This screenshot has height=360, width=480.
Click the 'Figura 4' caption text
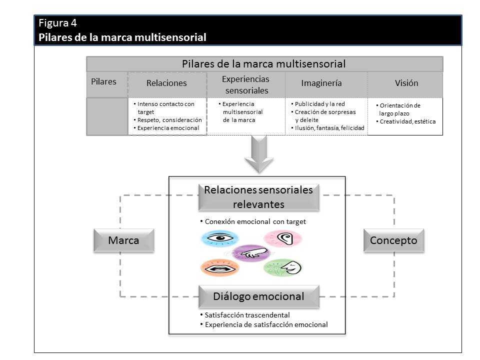(x=58, y=23)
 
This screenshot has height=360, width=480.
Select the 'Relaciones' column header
(x=166, y=83)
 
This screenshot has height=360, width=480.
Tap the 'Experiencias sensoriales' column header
(x=245, y=85)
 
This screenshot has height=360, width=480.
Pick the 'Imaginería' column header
(x=321, y=83)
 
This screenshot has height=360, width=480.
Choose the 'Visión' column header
(x=406, y=83)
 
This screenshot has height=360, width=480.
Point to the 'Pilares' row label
(x=103, y=81)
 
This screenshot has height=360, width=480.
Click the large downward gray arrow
(x=258, y=155)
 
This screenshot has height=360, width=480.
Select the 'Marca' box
(x=123, y=240)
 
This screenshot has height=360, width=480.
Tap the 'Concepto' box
(x=393, y=240)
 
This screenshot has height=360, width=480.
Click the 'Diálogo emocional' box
(x=258, y=296)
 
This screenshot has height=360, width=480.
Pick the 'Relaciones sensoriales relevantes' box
(x=258, y=197)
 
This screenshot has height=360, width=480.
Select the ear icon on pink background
(x=282, y=238)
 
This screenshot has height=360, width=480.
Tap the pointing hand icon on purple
(x=252, y=253)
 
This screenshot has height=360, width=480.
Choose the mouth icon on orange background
(x=220, y=268)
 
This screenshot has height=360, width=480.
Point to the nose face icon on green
(x=283, y=267)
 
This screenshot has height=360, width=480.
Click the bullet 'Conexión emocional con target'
(x=255, y=221)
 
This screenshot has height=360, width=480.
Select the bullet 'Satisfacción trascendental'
(x=247, y=315)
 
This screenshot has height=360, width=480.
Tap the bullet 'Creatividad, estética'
(x=407, y=121)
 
